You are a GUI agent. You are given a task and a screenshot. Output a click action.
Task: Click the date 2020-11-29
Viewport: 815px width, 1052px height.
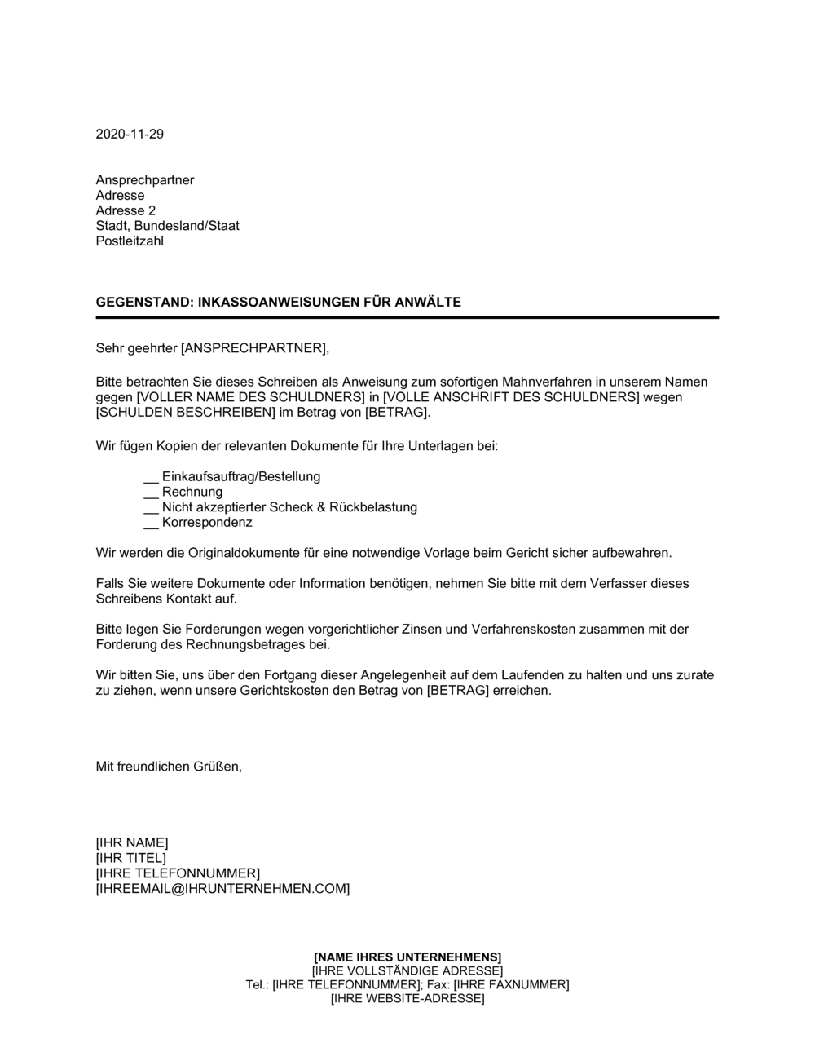(x=130, y=135)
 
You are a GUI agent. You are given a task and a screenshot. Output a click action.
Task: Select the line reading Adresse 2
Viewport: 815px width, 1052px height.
(x=126, y=210)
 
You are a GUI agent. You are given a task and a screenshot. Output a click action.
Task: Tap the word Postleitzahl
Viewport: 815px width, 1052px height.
(x=130, y=241)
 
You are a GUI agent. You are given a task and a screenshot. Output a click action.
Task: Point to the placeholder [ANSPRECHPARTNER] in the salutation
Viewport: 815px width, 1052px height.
(x=253, y=349)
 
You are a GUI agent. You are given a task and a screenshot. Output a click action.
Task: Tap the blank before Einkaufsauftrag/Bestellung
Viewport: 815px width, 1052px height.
(x=151, y=477)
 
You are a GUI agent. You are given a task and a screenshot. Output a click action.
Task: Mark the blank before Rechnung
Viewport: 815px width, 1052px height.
(x=151, y=493)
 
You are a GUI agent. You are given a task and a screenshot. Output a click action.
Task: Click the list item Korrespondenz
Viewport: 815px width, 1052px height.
(x=207, y=523)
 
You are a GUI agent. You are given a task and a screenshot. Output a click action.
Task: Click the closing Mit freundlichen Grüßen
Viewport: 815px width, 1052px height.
(x=169, y=767)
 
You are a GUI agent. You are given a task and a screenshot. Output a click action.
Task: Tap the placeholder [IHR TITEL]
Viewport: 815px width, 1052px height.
(x=131, y=858)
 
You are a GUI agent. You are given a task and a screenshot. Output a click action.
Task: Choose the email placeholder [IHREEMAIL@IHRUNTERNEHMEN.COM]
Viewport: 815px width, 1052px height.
(x=222, y=889)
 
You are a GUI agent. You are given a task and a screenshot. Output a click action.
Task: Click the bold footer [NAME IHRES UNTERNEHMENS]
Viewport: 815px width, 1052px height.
(x=407, y=957)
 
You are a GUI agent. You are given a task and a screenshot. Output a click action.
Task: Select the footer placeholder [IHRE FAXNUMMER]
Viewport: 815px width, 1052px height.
(x=511, y=985)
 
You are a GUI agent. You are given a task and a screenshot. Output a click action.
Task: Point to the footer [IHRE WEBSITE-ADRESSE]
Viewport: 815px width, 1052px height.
(x=407, y=999)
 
